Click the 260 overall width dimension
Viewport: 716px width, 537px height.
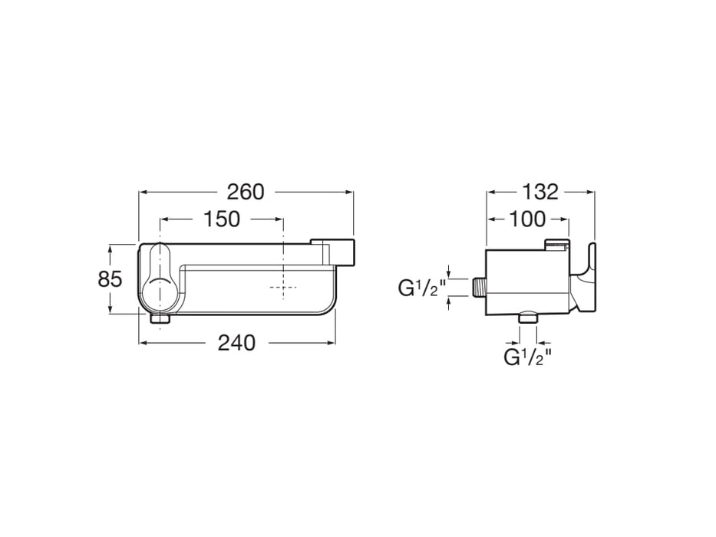tap(246, 192)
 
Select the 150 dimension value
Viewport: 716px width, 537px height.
tap(222, 219)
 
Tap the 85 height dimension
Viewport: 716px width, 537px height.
tap(110, 279)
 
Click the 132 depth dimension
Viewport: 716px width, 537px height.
tap(542, 192)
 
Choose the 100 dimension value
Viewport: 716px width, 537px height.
tap(527, 219)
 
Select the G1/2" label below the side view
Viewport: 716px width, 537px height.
tap(528, 356)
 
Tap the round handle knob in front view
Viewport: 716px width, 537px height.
tap(159, 292)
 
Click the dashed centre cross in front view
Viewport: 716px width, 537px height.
tap(282, 288)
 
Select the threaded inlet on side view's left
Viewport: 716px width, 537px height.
tap(480, 287)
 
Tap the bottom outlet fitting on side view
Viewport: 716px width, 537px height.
tap(529, 318)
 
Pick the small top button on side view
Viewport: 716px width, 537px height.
tap(556, 245)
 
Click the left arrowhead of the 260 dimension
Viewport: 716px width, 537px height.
tap(142, 192)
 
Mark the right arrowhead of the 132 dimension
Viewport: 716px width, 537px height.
tap(592, 192)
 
